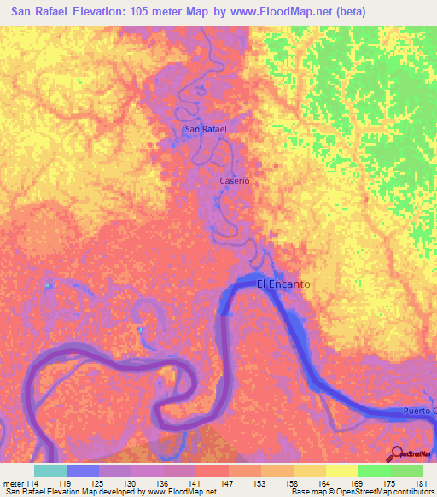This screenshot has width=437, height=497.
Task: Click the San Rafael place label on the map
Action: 205,130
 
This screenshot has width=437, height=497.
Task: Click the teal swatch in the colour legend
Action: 50,471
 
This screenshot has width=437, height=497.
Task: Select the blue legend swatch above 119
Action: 82,471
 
